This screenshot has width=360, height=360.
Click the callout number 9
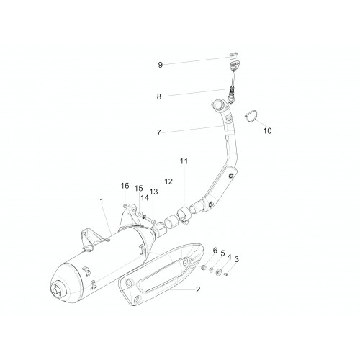[x=161, y=65]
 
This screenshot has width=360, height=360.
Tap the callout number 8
[x=159, y=96]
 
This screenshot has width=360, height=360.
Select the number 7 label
[x=158, y=132]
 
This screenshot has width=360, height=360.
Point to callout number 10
[x=267, y=131]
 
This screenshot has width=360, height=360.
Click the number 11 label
[x=184, y=161]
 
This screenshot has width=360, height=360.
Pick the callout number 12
[x=168, y=181]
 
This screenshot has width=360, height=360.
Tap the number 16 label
[x=125, y=186]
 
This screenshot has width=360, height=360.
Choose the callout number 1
[x=102, y=201]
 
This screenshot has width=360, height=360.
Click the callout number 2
[x=198, y=289]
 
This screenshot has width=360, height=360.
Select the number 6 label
[x=215, y=251]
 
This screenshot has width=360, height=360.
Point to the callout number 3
[x=237, y=259]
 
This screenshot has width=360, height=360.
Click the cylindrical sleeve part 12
[x=171, y=221]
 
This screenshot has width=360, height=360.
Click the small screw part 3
[x=225, y=274]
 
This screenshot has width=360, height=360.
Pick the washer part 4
[x=219, y=272]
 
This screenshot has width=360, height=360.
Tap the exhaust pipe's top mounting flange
[x=218, y=106]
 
